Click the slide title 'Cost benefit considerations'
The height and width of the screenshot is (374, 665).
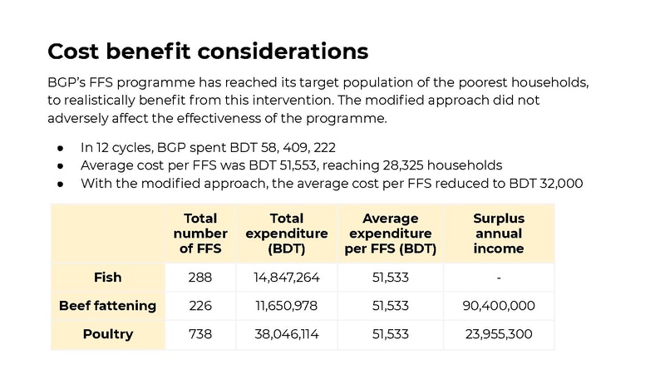pos(208,52)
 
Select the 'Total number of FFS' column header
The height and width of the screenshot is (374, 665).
pos(200,234)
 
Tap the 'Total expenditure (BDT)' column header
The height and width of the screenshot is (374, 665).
pos(287,234)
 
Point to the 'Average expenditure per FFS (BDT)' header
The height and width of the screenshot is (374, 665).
pos(390,234)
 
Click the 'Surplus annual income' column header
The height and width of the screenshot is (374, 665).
pos(499,234)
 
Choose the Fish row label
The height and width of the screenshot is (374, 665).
pos(108,278)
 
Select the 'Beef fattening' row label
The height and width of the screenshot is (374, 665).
pos(108,306)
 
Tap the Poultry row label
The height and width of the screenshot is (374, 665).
pos(108,334)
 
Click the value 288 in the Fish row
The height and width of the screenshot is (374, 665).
pos(200,278)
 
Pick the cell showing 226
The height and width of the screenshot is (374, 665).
pos(200,306)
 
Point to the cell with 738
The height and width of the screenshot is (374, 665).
pos(200,334)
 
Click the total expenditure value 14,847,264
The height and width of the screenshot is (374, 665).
pos(287,278)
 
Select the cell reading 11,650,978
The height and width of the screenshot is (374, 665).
pos(287,306)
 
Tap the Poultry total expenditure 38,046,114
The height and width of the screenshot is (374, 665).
pos(287,334)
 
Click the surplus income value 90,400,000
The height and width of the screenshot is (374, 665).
pos(499,306)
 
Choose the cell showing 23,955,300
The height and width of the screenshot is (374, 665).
pos(499,334)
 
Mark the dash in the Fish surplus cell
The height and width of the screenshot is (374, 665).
pos(499,278)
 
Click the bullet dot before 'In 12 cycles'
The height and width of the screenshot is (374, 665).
pos(60,149)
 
